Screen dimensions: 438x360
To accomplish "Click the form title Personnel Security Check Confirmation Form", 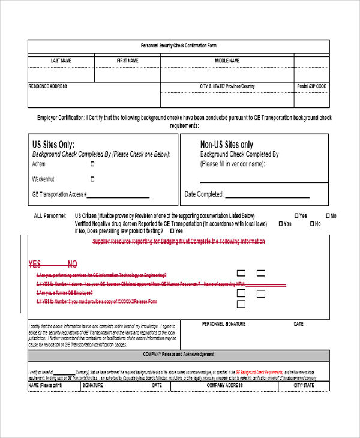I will [x=178, y=46].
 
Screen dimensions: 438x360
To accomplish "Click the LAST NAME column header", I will [x=61, y=61].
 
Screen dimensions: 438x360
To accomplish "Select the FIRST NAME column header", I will [x=127, y=61].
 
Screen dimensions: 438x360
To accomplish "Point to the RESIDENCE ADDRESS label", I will [x=48, y=86].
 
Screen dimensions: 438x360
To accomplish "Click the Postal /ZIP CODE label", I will [x=311, y=86].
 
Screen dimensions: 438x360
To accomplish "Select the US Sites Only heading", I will [x=53, y=145].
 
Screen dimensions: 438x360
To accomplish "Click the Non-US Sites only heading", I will [x=226, y=145].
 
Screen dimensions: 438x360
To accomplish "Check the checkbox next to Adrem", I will [x=92, y=164].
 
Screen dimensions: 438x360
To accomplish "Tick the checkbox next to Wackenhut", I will [x=92, y=178].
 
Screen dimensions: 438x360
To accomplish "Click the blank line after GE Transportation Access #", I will [x=119, y=196].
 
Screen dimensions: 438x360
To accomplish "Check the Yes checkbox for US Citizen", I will [x=296, y=215].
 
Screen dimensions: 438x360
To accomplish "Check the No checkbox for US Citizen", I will [x=328, y=215].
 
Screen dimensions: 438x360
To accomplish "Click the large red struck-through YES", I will [x=35, y=264].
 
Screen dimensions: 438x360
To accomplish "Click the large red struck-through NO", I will [x=72, y=264].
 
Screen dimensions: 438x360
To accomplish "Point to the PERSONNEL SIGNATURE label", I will [x=224, y=324].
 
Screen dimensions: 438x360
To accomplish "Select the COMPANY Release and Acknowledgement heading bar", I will [x=178, y=355].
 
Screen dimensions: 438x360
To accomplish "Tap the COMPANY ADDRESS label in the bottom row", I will [x=224, y=386].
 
